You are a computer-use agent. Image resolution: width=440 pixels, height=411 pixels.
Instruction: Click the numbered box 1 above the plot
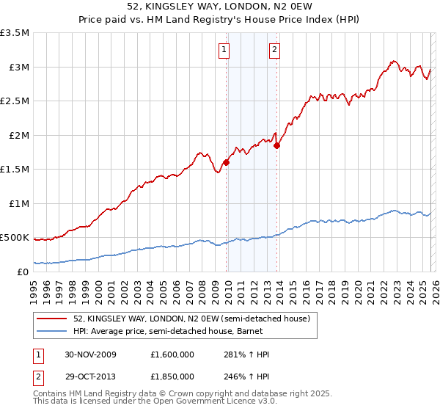(224, 50)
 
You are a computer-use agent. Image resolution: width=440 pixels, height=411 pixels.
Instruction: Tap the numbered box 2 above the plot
(274, 50)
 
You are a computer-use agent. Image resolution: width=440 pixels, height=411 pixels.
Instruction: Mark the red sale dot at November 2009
(227, 163)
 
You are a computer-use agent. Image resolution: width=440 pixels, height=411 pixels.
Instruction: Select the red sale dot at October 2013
(277, 145)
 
